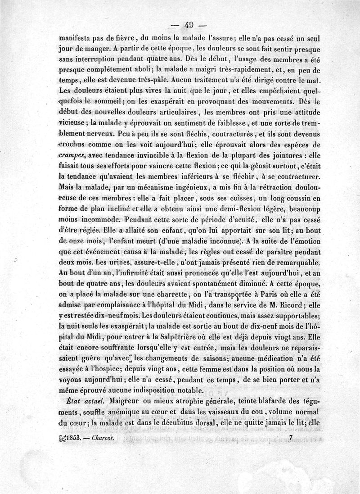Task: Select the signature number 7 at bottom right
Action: pos(292,436)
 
